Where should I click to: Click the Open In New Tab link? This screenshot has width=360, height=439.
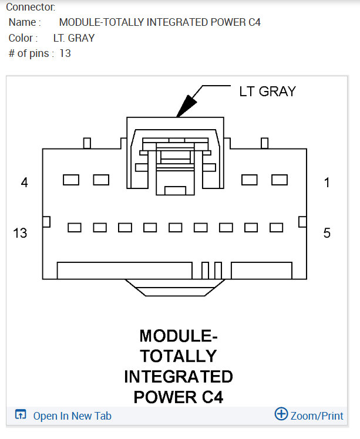coord(72,416)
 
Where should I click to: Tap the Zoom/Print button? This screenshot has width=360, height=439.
coord(317,416)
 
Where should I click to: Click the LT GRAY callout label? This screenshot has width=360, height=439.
coord(267,91)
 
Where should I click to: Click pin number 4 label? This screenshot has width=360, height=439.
coord(24,183)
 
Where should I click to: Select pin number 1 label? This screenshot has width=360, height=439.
coord(327,183)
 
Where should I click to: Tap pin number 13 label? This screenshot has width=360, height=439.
coord(20,233)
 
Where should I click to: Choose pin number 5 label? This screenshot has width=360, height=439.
coord(327,233)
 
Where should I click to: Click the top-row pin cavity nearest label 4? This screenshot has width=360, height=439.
coord(71,180)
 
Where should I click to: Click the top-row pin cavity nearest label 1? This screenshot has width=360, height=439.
coord(279,180)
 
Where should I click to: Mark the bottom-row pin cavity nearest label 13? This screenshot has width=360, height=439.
coord(75,227)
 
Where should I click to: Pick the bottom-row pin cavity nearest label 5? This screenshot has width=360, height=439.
coord(276,227)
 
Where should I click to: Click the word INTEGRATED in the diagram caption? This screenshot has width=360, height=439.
coord(179,376)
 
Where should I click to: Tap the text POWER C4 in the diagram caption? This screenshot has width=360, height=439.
coord(179,397)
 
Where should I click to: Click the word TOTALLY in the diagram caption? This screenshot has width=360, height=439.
coord(179,356)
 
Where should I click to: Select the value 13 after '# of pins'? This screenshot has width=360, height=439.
coord(65,53)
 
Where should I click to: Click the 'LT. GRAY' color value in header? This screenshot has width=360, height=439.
coord(74,38)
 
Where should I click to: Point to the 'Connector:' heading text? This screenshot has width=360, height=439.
coord(31,8)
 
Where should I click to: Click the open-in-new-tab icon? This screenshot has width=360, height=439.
coord(21,416)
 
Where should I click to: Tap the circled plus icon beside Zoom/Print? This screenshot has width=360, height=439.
coord(281,414)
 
